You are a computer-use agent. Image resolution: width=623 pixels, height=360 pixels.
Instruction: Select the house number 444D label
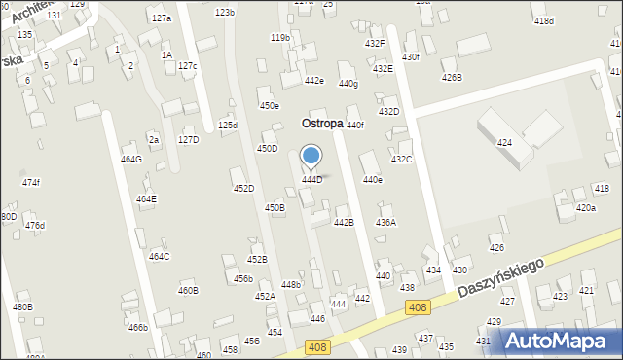click(x=311, y=180)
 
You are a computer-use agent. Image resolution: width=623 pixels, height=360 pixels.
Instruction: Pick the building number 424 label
click(x=504, y=143)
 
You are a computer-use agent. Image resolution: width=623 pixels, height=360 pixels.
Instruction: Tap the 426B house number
click(x=452, y=77)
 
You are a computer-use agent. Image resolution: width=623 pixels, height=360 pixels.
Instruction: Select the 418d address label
click(x=543, y=21)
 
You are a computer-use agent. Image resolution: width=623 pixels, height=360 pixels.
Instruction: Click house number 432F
click(x=375, y=44)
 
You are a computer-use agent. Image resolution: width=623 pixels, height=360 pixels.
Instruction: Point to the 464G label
click(x=130, y=159)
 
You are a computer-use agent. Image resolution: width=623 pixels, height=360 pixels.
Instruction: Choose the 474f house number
click(x=31, y=182)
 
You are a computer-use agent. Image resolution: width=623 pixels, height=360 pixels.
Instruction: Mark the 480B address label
click(x=22, y=307)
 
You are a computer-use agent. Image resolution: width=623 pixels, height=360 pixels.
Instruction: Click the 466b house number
click(x=138, y=328)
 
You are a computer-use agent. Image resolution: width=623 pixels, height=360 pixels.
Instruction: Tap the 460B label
click(x=188, y=290)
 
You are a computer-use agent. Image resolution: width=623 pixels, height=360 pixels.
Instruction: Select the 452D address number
click(x=243, y=189)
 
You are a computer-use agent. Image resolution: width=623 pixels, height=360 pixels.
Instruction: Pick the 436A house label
click(x=386, y=223)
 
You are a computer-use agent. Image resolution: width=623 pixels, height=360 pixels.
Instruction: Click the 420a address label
click(x=586, y=208)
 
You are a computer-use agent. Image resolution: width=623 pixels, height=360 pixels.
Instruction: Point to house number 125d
click(x=227, y=126)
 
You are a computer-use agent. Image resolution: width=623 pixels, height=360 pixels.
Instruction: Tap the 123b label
click(x=225, y=13)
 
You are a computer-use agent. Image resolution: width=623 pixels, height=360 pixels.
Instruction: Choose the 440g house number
click(x=348, y=84)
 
